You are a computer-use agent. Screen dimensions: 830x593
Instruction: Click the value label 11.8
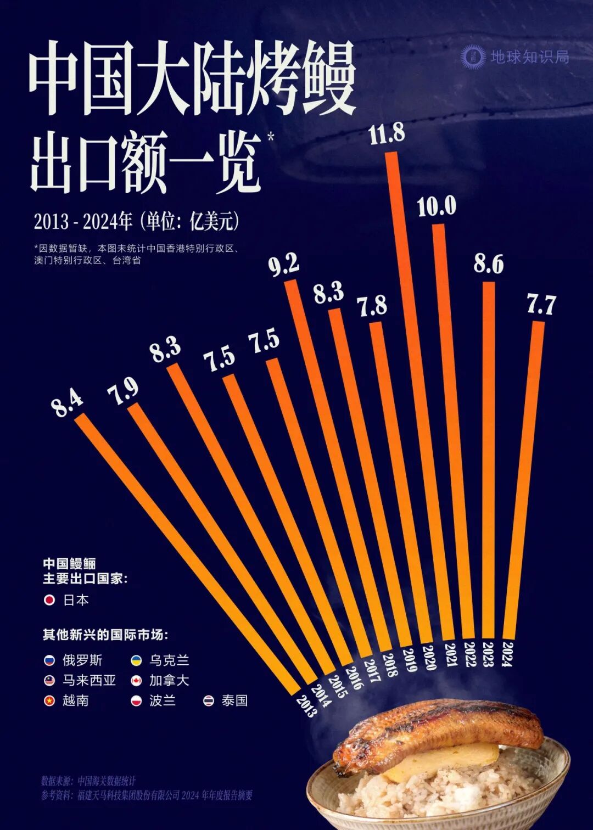tap(387, 134)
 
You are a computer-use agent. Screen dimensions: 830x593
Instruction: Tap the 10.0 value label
tap(437, 207)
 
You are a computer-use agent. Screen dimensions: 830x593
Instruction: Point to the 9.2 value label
tap(284, 265)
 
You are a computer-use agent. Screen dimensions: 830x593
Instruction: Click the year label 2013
tap(306, 705)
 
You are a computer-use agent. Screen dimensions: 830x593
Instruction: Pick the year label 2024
tap(508, 654)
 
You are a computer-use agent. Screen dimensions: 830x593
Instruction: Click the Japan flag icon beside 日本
tap(49, 600)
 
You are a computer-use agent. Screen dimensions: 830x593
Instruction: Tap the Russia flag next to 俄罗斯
tap(49, 660)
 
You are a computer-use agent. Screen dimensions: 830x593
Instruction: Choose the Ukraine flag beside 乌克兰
tap(136, 660)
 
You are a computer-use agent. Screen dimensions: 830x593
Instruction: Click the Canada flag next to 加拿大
tap(136, 681)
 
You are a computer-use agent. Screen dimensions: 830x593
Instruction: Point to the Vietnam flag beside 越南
tap(49, 700)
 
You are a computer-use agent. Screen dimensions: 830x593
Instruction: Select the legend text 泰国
tap(234, 700)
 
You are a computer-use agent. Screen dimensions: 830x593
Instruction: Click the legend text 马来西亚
tap(89, 681)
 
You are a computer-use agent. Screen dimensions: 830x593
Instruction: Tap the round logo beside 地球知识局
tap(473, 57)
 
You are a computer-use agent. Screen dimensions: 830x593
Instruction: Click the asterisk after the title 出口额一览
tap(270, 137)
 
